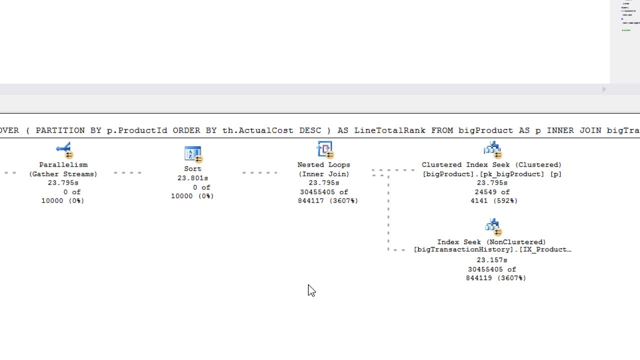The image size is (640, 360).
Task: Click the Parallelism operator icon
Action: (64, 150)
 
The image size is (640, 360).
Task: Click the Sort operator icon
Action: (193, 154)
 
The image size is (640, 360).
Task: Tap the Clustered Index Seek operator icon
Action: (492, 149)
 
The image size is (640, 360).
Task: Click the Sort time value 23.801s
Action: (192, 178)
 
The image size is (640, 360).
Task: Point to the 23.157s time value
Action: (492, 260)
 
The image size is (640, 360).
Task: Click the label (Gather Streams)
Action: (63, 174)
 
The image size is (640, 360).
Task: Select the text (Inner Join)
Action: (324, 174)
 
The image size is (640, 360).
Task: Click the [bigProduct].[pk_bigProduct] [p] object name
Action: (492, 174)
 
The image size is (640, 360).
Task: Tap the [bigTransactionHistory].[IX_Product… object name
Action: (492, 249)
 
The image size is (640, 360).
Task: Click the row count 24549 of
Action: (492, 192)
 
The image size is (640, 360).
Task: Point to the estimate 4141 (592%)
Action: (494, 201)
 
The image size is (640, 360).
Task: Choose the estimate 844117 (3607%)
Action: (328, 201)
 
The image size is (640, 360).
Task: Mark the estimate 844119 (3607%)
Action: (496, 278)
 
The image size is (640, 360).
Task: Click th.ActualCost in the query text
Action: (258, 130)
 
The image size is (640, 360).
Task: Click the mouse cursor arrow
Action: (311, 290)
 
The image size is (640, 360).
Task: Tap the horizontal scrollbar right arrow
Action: (604, 89)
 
